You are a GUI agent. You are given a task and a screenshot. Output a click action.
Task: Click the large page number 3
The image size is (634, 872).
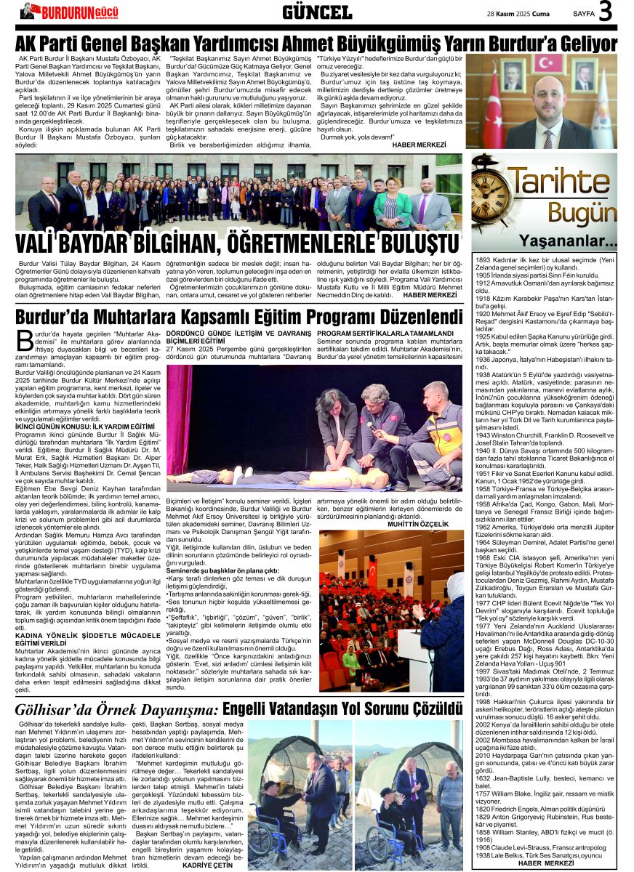click(x=606, y=12)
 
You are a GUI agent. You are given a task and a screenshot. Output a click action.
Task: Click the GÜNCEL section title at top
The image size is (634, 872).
click(x=316, y=12)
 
